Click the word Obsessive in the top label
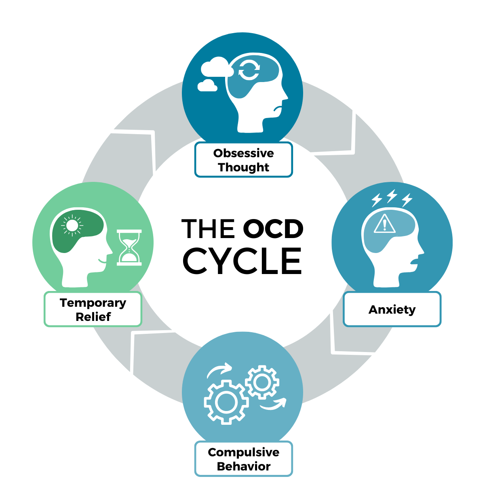(x=243, y=153)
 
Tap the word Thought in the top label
(x=243, y=167)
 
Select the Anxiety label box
(x=392, y=310)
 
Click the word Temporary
(x=93, y=303)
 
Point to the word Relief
(x=93, y=317)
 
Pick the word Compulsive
(x=243, y=452)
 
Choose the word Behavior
(x=243, y=466)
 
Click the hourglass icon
(x=129, y=247)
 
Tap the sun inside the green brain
(x=72, y=225)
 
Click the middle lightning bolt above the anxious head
(x=392, y=196)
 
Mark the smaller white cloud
(x=207, y=85)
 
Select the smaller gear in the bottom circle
(x=262, y=382)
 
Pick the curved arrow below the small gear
(x=273, y=404)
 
